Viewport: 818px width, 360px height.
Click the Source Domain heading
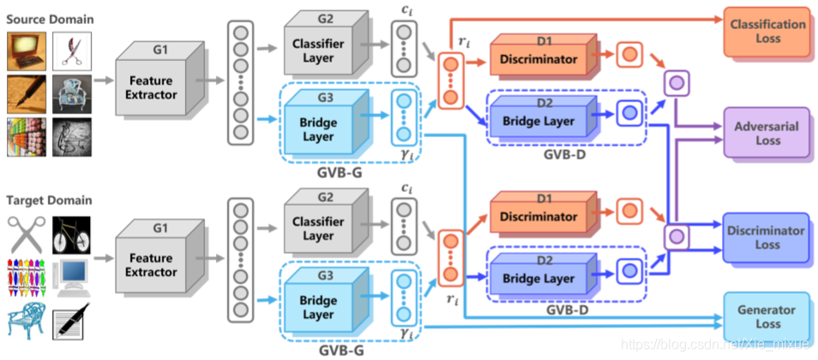(x=50, y=20)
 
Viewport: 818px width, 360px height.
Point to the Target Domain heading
(x=49, y=200)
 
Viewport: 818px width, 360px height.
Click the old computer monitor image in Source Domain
(x=27, y=51)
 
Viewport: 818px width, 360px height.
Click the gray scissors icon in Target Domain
(x=27, y=235)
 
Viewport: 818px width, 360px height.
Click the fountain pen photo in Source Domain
(x=27, y=94)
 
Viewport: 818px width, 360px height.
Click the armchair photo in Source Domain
(x=71, y=94)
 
